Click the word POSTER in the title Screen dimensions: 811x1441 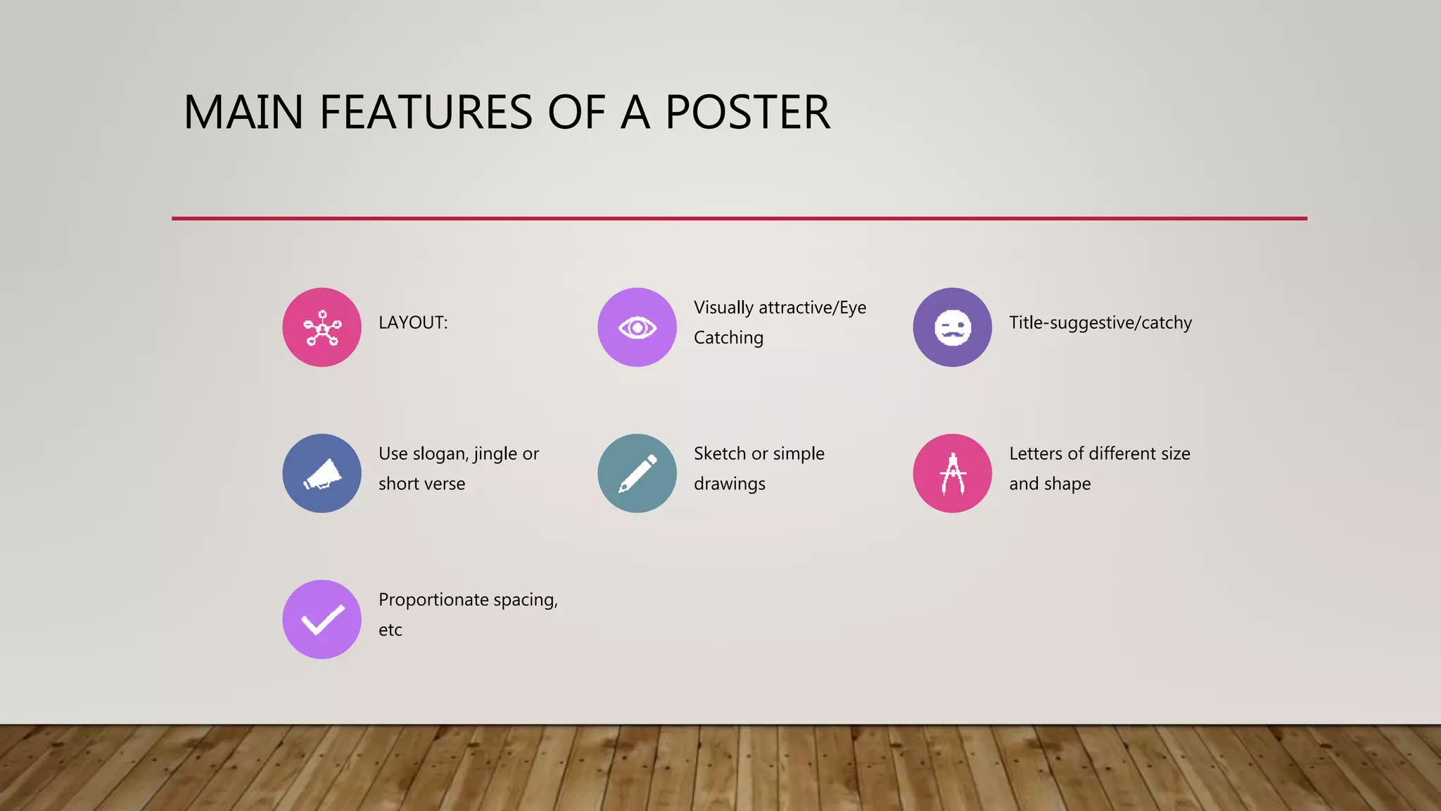[747, 113]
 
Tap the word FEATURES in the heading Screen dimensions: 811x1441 [426, 113]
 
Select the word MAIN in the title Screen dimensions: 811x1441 [243, 113]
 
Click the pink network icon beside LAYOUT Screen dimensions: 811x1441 [322, 327]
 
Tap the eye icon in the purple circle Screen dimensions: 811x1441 [637, 327]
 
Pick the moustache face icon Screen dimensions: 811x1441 [952, 327]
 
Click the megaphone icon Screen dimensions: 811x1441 [322, 473]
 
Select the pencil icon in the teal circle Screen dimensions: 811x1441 [637, 473]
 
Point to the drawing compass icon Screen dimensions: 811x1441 [952, 473]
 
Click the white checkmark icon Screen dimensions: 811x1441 [322, 620]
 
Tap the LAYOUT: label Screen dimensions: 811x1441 [413, 322]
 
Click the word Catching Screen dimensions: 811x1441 [728, 338]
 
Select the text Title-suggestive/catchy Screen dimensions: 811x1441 [1100, 322]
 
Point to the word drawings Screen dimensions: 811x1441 [730, 484]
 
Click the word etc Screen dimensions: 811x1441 [391, 630]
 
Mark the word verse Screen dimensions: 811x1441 [444, 484]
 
